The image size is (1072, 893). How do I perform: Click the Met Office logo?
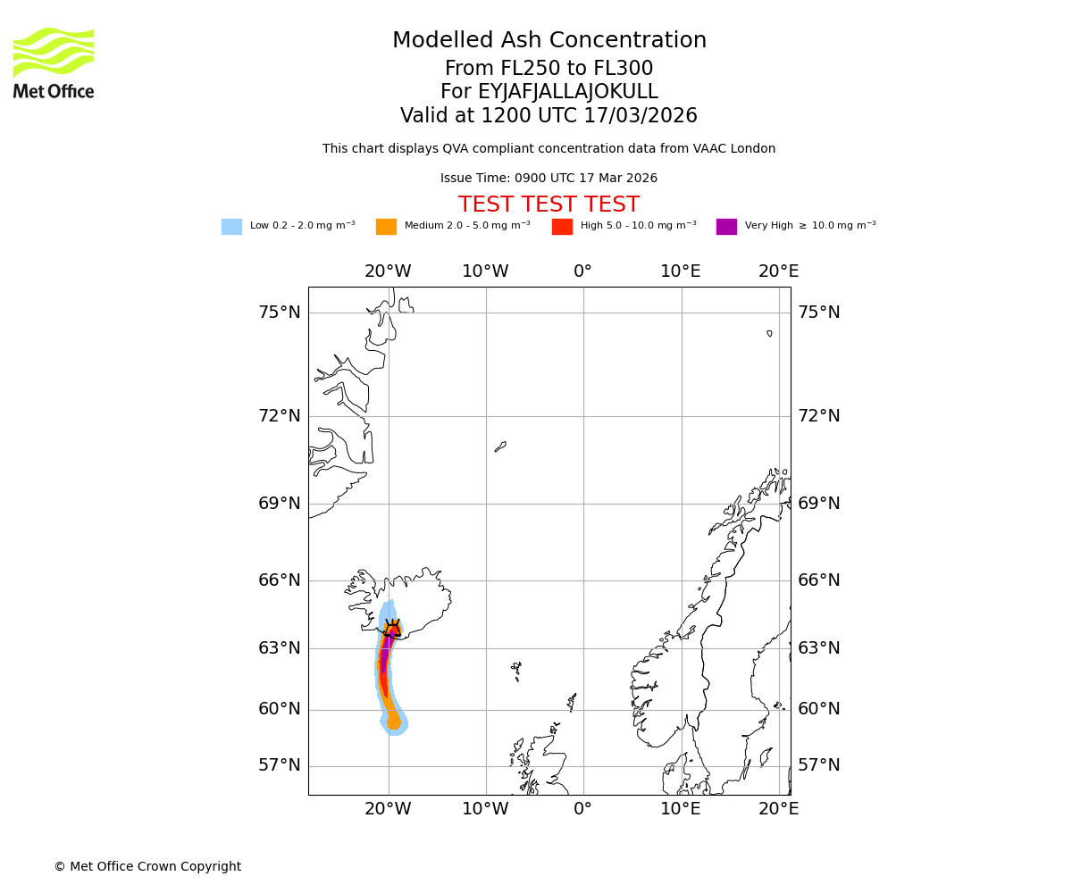pyautogui.click(x=54, y=63)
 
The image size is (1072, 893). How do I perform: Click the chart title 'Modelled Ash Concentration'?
pyautogui.click(x=549, y=41)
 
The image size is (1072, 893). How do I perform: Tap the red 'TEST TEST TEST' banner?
pyautogui.click(x=549, y=204)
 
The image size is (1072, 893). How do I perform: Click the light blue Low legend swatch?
pyautogui.click(x=231, y=227)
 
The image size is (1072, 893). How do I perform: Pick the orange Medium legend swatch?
pyautogui.click(x=386, y=227)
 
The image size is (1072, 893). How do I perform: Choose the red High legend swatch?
pyautogui.click(x=562, y=227)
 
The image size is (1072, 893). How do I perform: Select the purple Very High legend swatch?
pyautogui.click(x=726, y=227)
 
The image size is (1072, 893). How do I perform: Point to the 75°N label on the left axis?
pyautogui.click(x=280, y=313)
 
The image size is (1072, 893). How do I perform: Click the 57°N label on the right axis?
pyautogui.click(x=818, y=765)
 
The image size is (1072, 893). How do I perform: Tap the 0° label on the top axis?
pyautogui.click(x=582, y=271)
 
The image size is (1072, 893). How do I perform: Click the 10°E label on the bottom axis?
pyautogui.click(x=680, y=809)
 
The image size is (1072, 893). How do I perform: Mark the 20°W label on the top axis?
pyautogui.click(x=388, y=271)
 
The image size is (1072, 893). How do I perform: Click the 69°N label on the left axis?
pyautogui.click(x=280, y=504)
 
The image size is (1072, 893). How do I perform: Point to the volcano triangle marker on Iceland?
pyautogui.click(x=392, y=627)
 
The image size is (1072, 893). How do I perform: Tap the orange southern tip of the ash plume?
pyautogui.click(x=393, y=722)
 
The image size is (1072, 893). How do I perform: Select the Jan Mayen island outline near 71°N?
pyautogui.click(x=500, y=446)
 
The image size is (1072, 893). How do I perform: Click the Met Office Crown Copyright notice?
pyautogui.click(x=147, y=866)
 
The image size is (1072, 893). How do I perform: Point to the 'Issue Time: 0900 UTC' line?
pyautogui.click(x=549, y=179)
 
